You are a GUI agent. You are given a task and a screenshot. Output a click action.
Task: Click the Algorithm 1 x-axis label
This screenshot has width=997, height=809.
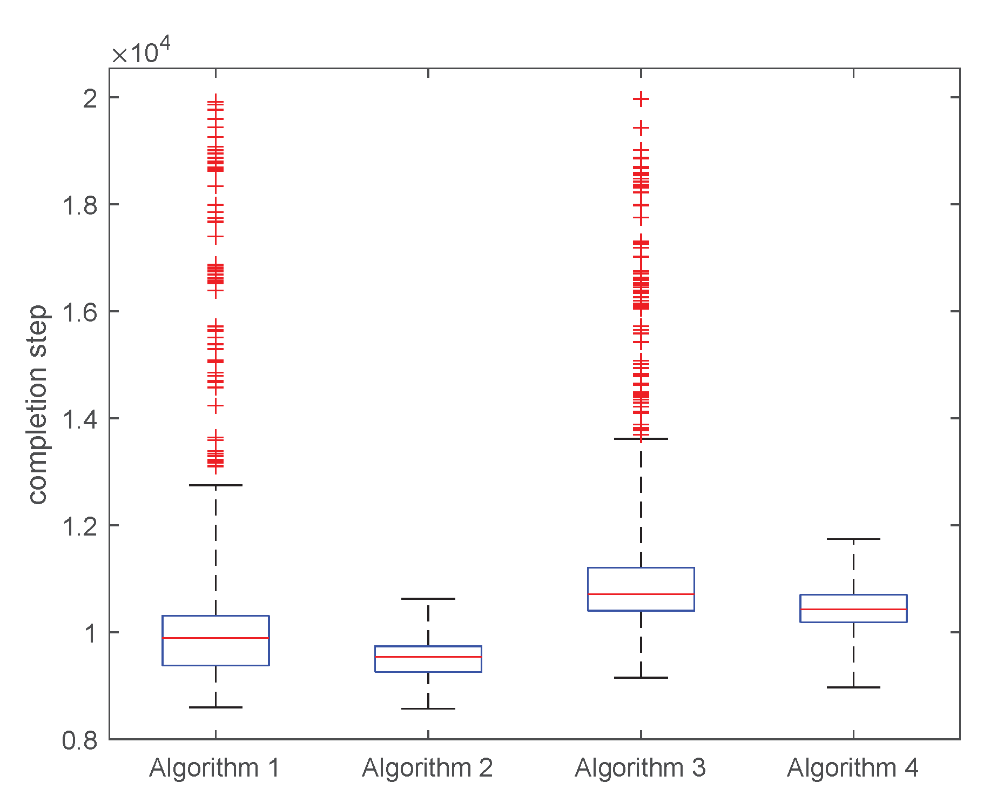(214, 768)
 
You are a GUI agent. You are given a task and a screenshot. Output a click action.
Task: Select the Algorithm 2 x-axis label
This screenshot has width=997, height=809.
(427, 768)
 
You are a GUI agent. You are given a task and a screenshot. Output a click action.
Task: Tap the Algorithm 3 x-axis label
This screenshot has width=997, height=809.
(640, 768)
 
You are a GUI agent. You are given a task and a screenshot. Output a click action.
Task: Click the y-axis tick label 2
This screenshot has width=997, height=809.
(91, 98)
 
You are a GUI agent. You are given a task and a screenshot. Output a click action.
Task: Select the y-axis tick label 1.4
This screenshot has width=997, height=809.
(80, 419)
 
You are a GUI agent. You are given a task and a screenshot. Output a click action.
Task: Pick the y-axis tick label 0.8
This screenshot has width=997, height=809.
(80, 740)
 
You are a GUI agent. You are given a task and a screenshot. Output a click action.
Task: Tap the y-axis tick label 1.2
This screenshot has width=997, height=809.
(80, 526)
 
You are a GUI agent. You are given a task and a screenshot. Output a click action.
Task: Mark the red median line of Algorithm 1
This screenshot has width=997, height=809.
(215, 638)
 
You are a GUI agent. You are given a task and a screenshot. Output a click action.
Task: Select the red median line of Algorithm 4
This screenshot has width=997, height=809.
(853, 609)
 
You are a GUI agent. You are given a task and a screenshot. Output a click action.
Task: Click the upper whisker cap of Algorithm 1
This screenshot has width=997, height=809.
(215, 485)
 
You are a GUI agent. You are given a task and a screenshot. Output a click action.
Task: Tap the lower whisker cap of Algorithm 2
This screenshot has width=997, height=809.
(428, 708)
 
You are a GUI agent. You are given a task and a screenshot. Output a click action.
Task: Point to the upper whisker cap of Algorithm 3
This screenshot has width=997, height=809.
(641, 439)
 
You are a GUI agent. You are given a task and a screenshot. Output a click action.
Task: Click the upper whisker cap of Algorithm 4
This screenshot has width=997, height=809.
(853, 539)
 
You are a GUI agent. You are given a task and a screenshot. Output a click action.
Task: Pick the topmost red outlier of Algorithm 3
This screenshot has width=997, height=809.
(641, 99)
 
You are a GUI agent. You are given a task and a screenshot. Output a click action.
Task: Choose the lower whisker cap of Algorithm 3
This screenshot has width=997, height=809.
(641, 677)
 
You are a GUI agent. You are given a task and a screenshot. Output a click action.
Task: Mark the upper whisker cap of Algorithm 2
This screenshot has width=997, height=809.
(428, 599)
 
